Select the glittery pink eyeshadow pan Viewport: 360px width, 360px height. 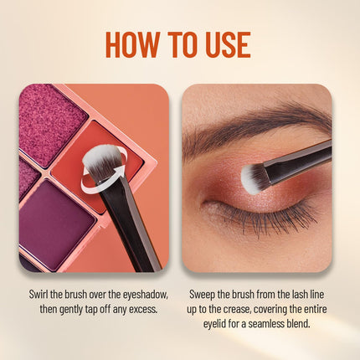coord(53,121)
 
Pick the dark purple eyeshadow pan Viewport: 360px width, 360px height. coord(56,224)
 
